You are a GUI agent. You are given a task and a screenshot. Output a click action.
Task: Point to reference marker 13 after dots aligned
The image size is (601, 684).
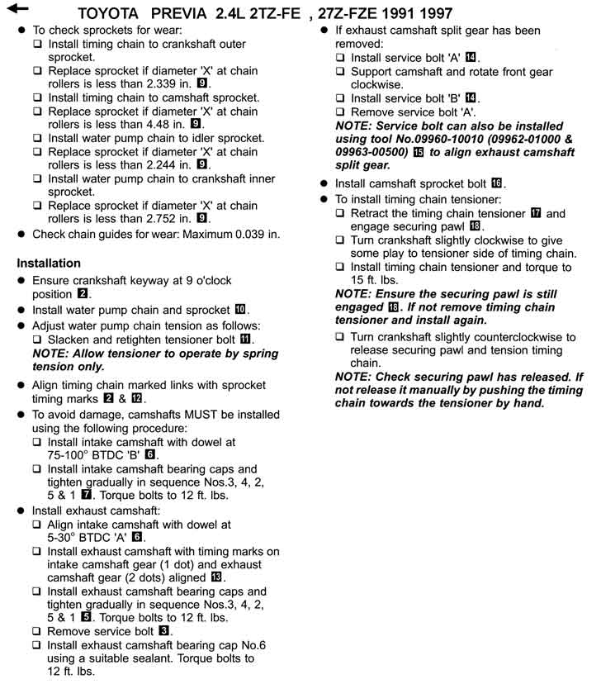(x=219, y=577)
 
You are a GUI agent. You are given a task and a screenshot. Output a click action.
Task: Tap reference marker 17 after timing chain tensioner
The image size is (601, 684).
(x=537, y=213)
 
